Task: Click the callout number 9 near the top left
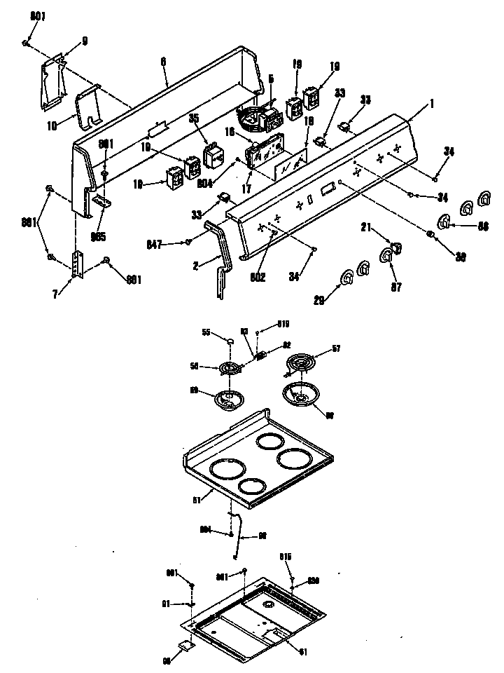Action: point(85,41)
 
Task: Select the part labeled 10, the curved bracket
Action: point(87,107)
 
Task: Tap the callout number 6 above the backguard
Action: point(163,62)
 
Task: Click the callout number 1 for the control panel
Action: point(432,104)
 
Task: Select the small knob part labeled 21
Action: point(395,246)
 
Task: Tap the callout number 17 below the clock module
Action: point(244,189)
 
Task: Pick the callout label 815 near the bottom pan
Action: point(286,557)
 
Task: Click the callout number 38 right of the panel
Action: point(461,257)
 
